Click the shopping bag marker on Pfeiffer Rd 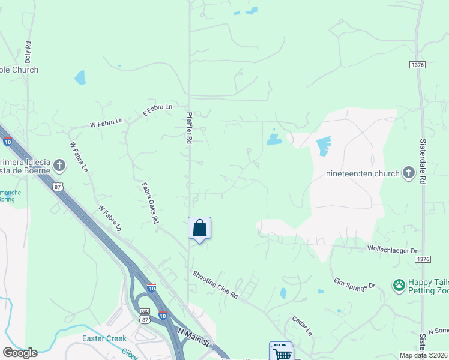[x=199, y=229]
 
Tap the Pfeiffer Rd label [x=189, y=130]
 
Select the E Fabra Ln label [x=157, y=110]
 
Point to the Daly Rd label [x=28, y=53]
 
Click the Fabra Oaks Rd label [x=149, y=203]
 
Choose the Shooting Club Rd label [x=215, y=286]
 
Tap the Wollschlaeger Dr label [x=392, y=248]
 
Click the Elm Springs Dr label [x=354, y=284]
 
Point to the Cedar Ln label [x=302, y=326]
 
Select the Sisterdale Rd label [x=423, y=162]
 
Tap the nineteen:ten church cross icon [x=408, y=173]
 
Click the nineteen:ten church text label [x=362, y=174]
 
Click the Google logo [x=20, y=353]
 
